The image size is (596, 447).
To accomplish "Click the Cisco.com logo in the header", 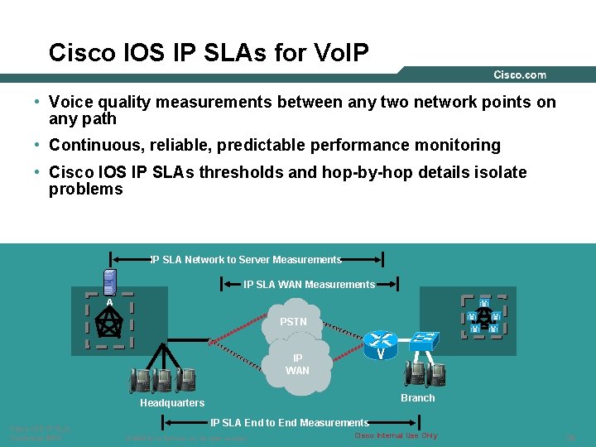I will pyautogui.click(x=520, y=74).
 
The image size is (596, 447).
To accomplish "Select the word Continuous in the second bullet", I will pyautogui.click(x=88, y=146).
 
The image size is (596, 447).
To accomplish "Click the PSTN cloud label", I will pyautogui.click(x=293, y=321).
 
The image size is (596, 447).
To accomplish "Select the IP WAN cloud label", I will pyautogui.click(x=297, y=364).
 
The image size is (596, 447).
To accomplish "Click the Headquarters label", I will pyautogui.click(x=172, y=403).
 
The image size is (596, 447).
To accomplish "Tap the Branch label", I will pyautogui.click(x=417, y=398).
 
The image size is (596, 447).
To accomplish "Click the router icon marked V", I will pyautogui.click(x=382, y=342).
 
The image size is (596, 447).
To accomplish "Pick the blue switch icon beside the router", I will pyautogui.click(x=424, y=339).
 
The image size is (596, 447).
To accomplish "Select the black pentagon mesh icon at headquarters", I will pyautogui.click(x=109, y=324).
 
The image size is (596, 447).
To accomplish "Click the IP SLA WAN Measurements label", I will pyautogui.click(x=309, y=285).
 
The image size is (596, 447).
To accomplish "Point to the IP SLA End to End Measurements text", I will pyautogui.click(x=289, y=423).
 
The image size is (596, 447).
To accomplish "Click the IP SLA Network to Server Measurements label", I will pyautogui.click(x=247, y=260).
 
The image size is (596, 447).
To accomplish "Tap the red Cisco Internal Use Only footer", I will pyautogui.click(x=396, y=435).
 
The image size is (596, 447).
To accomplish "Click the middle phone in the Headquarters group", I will pyautogui.click(x=163, y=380).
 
